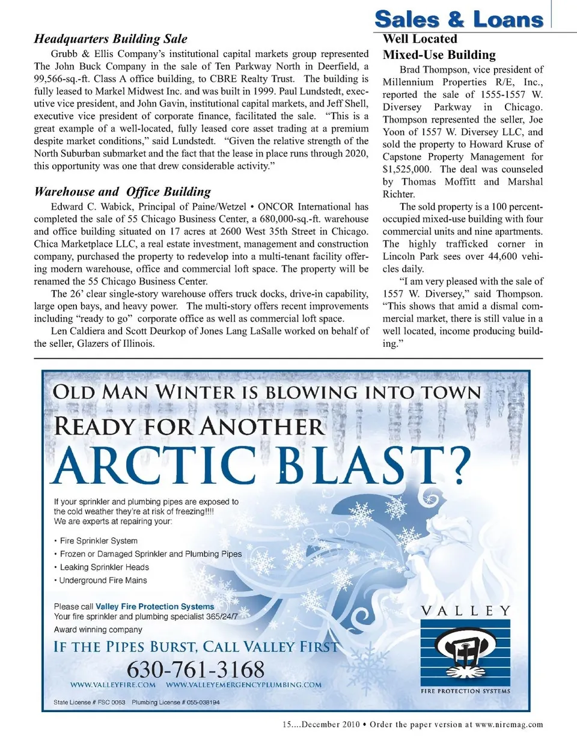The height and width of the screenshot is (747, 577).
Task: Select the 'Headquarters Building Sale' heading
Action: coord(111,39)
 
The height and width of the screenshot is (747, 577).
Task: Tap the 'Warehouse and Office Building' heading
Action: coord(123,192)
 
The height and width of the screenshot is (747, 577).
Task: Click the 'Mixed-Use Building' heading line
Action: coord(439,55)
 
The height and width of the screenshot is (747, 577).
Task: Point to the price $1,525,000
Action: coord(407,169)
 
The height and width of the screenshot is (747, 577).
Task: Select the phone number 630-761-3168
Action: coord(195,669)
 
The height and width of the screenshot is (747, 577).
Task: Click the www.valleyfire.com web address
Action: coord(113,684)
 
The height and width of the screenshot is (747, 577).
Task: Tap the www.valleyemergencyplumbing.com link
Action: coord(243,684)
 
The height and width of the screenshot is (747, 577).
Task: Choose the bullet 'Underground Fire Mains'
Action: coord(103,581)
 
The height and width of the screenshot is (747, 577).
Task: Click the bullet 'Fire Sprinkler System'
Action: coord(99,541)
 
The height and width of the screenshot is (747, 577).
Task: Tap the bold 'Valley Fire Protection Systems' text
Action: coord(155,607)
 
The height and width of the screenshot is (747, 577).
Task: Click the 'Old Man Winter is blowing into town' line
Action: coord(267,392)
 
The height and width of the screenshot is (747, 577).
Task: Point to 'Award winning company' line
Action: coord(98,630)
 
